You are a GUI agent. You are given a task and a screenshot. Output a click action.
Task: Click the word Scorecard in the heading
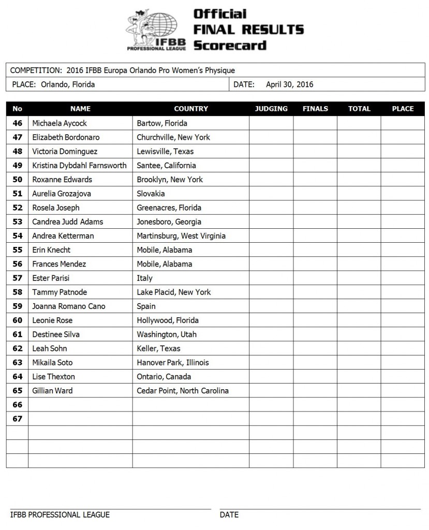coord(230,45)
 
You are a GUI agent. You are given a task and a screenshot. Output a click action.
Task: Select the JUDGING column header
coord(271,109)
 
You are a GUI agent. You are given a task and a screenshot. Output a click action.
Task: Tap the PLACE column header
coord(403,109)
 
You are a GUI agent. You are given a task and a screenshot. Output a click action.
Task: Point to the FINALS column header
coord(315,109)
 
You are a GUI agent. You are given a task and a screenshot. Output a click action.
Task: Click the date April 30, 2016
coord(289,84)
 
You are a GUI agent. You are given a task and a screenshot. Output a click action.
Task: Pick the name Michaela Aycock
coord(60,123)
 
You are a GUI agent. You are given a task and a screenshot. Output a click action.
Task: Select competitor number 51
coord(18,194)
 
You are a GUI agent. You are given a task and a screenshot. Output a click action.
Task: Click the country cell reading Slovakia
coord(151,194)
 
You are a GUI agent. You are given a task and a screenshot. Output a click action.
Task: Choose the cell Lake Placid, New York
coord(173,292)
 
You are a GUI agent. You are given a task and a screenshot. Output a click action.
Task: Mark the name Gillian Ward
coord(52,391)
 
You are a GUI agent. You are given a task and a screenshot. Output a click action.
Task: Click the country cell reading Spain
coord(146,306)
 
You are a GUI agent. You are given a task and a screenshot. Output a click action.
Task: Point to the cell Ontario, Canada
coord(164,377)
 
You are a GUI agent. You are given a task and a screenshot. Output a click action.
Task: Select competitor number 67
coord(18,419)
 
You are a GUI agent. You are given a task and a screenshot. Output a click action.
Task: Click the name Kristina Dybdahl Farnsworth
coord(79,166)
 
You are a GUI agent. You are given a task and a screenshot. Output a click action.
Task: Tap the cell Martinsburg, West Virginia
coord(181,235)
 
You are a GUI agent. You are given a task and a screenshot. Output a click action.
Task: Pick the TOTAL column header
coord(359,109)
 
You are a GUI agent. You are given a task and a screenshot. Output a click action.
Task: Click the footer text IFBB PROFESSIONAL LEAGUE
coord(60,514)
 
